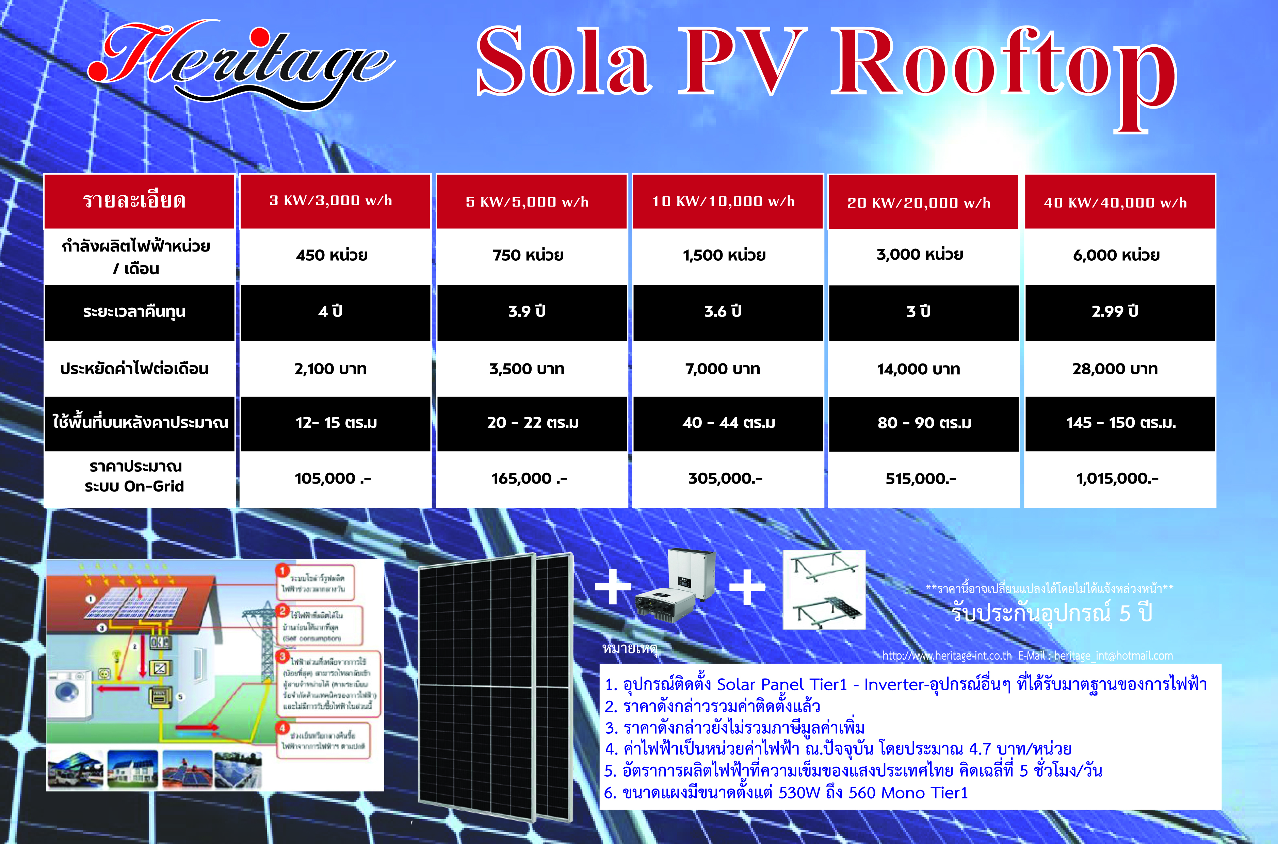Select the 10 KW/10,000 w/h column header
click(724, 201)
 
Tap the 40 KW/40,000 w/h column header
click(1115, 202)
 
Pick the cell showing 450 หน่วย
click(331, 255)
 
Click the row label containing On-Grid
click(134, 476)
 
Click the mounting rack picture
click(824, 589)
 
